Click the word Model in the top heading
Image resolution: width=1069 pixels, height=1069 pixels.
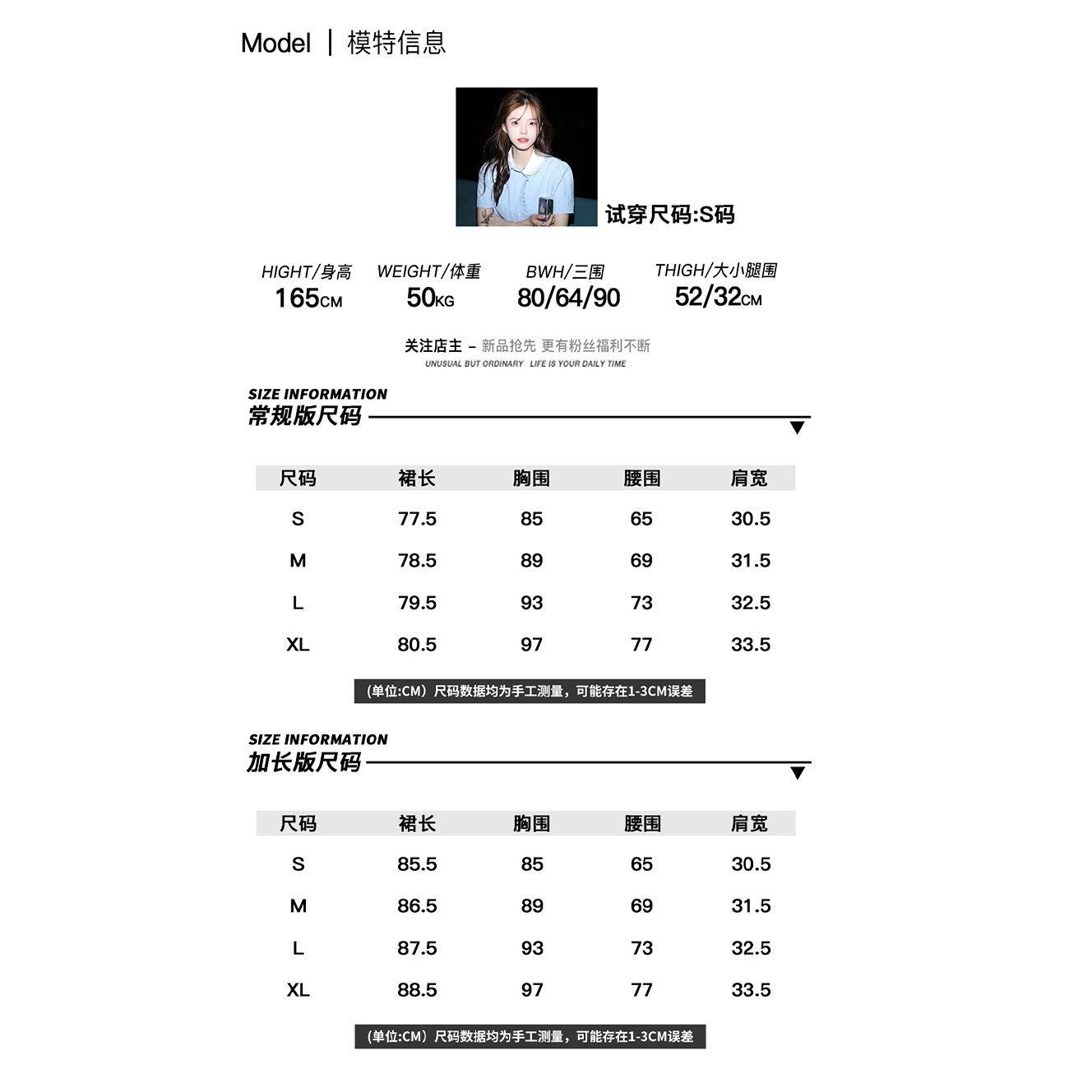pyautogui.click(x=275, y=43)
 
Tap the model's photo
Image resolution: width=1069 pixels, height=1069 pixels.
pyautogui.click(x=526, y=156)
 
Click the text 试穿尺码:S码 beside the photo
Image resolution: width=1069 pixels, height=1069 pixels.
pyautogui.click(x=669, y=215)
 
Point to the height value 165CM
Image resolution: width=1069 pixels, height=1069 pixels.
pyautogui.click(x=308, y=298)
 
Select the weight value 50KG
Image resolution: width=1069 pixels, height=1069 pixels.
pyautogui.click(x=430, y=298)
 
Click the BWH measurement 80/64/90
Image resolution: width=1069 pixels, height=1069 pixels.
pyautogui.click(x=568, y=298)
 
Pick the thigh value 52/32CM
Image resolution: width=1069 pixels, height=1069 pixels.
pyautogui.click(x=718, y=297)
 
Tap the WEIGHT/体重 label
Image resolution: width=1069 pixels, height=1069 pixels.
pyautogui.click(x=428, y=271)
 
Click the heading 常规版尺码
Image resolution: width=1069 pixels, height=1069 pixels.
pyautogui.click(x=305, y=416)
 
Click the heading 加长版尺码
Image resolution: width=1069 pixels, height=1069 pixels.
pyautogui.click(x=304, y=762)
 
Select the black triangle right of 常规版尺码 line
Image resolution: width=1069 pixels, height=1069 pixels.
pyautogui.click(x=797, y=428)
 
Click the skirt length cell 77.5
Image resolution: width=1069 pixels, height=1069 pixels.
pyautogui.click(x=417, y=519)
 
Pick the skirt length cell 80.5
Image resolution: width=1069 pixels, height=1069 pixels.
pyautogui.click(x=417, y=645)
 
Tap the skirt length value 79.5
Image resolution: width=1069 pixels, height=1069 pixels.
pyautogui.click(x=417, y=603)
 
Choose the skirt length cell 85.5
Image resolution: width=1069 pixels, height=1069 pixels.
pyautogui.click(x=417, y=864)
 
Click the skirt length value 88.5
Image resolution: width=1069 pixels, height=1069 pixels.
pyautogui.click(x=417, y=990)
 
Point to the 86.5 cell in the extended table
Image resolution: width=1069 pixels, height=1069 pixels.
pyautogui.click(x=417, y=906)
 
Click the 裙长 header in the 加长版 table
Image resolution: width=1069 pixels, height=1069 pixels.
pyautogui.click(x=417, y=823)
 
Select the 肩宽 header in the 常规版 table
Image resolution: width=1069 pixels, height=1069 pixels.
pyautogui.click(x=749, y=478)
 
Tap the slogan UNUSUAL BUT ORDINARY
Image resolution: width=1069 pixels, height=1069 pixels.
pyautogui.click(x=474, y=363)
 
